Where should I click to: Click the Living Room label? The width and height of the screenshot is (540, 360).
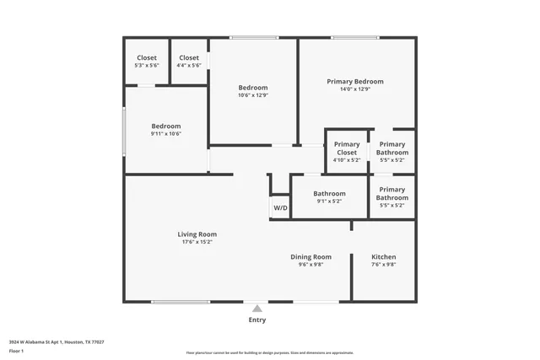[197, 234]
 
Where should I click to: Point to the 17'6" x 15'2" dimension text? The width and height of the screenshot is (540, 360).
[197, 242]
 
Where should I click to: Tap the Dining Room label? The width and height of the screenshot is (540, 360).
[310, 256]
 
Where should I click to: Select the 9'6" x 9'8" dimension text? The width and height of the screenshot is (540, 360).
[310, 264]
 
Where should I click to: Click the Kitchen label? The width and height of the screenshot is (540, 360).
[384, 256]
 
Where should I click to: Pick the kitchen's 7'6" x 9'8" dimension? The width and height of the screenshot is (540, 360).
[384, 264]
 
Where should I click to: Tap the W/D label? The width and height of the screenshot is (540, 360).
[279, 207]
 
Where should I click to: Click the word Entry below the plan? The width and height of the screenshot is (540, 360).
[256, 320]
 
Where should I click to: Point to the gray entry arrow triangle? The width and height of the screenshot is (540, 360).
[256, 309]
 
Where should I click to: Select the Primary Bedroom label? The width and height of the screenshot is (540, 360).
[355, 81]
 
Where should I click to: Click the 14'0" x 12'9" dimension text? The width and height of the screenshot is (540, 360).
[355, 89]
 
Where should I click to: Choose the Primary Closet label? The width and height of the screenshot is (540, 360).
[347, 148]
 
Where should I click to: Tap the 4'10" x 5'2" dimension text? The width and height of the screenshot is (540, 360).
[347, 159]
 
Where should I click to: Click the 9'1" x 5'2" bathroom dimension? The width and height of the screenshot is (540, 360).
[329, 201]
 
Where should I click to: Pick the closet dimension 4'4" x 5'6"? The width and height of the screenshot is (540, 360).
[189, 66]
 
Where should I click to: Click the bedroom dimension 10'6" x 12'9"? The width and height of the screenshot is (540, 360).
[252, 95]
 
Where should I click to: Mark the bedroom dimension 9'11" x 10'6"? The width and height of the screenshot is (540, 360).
[165, 133]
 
